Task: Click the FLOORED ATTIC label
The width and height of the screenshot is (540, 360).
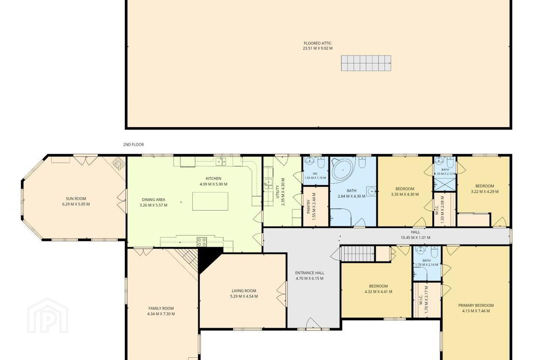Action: coord(318,43)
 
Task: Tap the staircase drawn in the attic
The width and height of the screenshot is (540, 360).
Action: coord(366,63)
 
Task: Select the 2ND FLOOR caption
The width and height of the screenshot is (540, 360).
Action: coord(133,144)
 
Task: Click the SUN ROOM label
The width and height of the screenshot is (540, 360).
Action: coord(76,199)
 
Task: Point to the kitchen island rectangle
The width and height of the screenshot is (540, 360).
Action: coord(210,201)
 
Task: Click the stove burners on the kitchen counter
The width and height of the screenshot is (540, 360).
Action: coord(202,242)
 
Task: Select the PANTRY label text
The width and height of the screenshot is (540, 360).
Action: coord(308,206)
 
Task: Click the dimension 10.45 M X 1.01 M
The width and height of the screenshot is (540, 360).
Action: coord(415,237)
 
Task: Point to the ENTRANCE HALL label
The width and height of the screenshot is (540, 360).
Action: coord(309,273)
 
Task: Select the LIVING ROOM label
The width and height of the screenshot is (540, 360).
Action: coord(244,291)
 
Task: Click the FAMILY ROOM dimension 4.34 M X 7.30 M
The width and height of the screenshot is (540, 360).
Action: coord(161,314)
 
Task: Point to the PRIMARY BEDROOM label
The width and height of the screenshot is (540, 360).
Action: coord(476,305)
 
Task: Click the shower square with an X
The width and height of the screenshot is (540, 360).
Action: coord(445,184)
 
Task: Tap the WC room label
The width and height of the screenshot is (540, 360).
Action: coord(315,174)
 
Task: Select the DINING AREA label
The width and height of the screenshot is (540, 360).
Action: coord(153,199)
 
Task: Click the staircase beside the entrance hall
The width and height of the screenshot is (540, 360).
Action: coord(357,253)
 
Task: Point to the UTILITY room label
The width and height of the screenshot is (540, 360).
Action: coord(277,192)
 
